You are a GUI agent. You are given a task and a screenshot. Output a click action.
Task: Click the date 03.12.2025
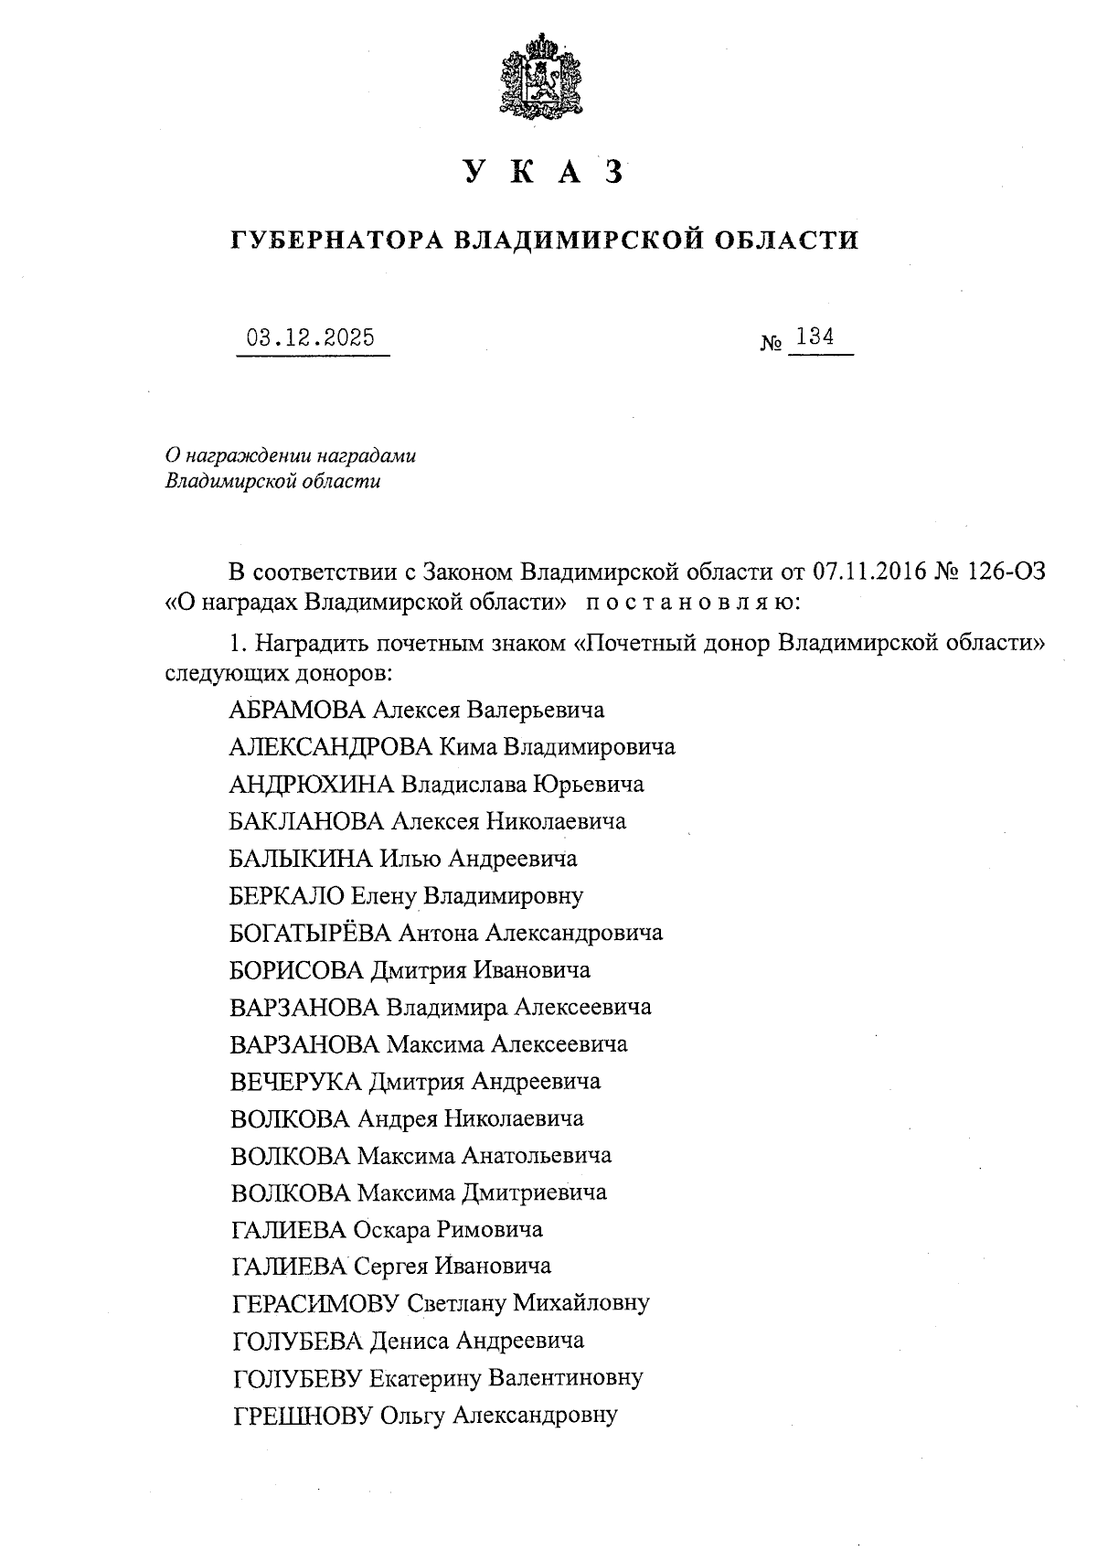(x=312, y=338)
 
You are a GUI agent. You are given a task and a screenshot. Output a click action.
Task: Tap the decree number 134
(x=815, y=337)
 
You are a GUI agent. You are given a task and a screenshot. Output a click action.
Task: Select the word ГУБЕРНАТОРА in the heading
(x=336, y=241)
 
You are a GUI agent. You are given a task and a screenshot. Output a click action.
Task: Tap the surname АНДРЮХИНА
(x=311, y=785)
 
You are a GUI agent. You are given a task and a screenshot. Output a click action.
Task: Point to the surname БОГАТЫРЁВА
(x=311, y=933)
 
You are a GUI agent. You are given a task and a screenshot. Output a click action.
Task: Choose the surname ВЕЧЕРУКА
(x=296, y=1082)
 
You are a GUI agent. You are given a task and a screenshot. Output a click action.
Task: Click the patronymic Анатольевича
(x=536, y=1156)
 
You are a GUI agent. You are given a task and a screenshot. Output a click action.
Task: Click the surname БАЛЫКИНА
(x=301, y=859)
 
